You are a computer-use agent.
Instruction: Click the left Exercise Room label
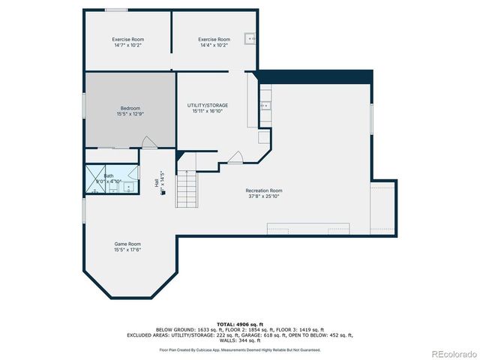tap(128, 39)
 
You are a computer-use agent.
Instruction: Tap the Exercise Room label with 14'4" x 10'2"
tap(214, 39)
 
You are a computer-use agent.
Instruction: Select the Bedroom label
tap(130, 108)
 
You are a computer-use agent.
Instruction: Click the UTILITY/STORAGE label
tap(208, 105)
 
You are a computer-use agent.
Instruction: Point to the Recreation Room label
tap(264, 190)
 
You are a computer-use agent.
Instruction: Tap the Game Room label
tap(127, 244)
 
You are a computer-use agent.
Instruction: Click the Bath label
tap(109, 175)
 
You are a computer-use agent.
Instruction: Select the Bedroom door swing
tap(149, 142)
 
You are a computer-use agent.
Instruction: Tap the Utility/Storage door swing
tap(235, 157)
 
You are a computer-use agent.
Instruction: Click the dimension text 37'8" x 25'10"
tap(264, 196)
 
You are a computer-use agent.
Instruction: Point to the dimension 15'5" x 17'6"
tap(127, 250)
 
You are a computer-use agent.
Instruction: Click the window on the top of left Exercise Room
tap(115, 10)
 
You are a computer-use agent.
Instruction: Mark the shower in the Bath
tap(92, 180)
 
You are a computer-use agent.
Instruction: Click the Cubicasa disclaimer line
tap(239, 349)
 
